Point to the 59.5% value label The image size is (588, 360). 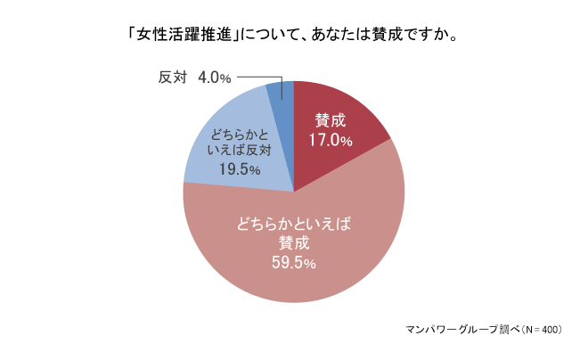[293, 263]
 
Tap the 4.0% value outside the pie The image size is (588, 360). [214, 78]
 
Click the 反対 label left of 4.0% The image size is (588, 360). [173, 78]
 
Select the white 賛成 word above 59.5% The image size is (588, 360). [293, 243]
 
